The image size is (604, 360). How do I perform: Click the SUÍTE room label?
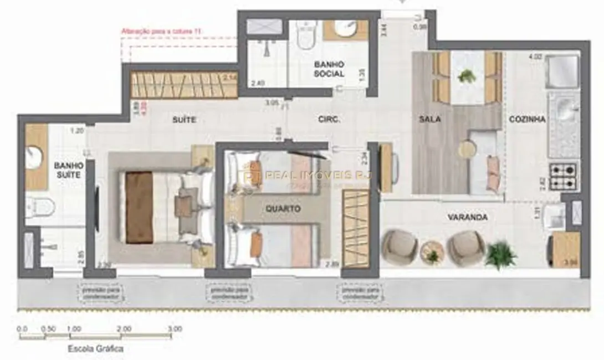coord(184,120)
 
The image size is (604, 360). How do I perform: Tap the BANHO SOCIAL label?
coord(329,69)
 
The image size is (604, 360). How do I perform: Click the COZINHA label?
coord(528,119)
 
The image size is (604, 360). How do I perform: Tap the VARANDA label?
coord(468,217)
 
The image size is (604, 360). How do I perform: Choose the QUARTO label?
coord(283,209)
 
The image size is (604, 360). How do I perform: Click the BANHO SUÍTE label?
coord(69,170)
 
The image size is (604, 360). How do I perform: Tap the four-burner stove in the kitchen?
coord(563,177)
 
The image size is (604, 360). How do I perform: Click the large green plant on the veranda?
coord(501,254)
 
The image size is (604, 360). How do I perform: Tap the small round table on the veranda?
coord(432,253)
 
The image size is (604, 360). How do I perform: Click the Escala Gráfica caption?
coord(95,349)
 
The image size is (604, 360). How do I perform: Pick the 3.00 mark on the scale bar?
coord(174,328)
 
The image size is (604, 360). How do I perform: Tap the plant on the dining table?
coord(467,76)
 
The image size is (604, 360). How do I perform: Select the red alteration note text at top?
coord(161,32)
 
